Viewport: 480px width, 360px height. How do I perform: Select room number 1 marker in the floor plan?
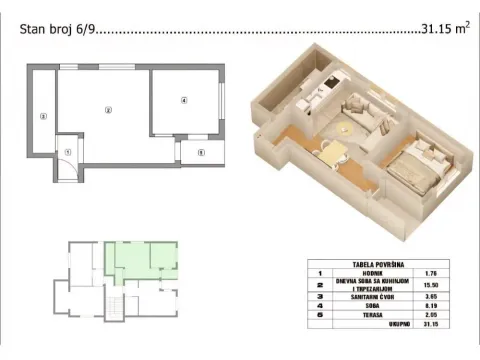pyautogui.click(x=67, y=151)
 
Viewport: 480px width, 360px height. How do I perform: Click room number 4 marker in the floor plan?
pyautogui.click(x=184, y=100)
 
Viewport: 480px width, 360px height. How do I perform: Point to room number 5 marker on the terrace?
pyautogui.click(x=200, y=152)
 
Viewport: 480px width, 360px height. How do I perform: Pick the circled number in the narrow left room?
pyautogui.click(x=42, y=116)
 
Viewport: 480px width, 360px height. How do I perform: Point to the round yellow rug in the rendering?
pyautogui.click(x=350, y=126)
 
